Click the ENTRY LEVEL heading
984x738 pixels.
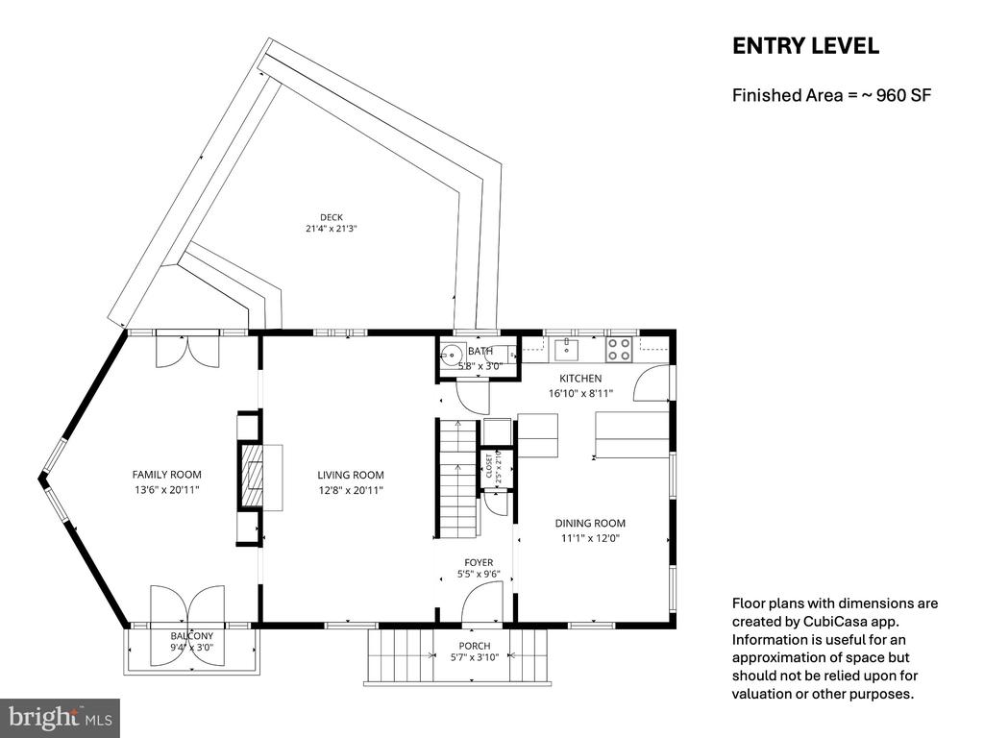tap(805, 46)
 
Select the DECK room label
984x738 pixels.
tap(332, 218)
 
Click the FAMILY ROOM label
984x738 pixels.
tap(166, 475)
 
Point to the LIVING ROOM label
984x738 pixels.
tap(350, 475)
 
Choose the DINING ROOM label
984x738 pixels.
tap(590, 524)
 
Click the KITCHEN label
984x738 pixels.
tap(580, 379)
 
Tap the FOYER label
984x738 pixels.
tap(479, 562)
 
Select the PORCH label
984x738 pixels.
tap(475, 646)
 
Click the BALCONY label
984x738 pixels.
tap(192, 636)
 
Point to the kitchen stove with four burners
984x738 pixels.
tap(619, 350)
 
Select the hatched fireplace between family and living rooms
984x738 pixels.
tap(254, 475)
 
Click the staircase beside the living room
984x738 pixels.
tap(458, 479)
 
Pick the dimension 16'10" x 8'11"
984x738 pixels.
tap(580, 394)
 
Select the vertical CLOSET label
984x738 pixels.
tap(489, 466)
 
